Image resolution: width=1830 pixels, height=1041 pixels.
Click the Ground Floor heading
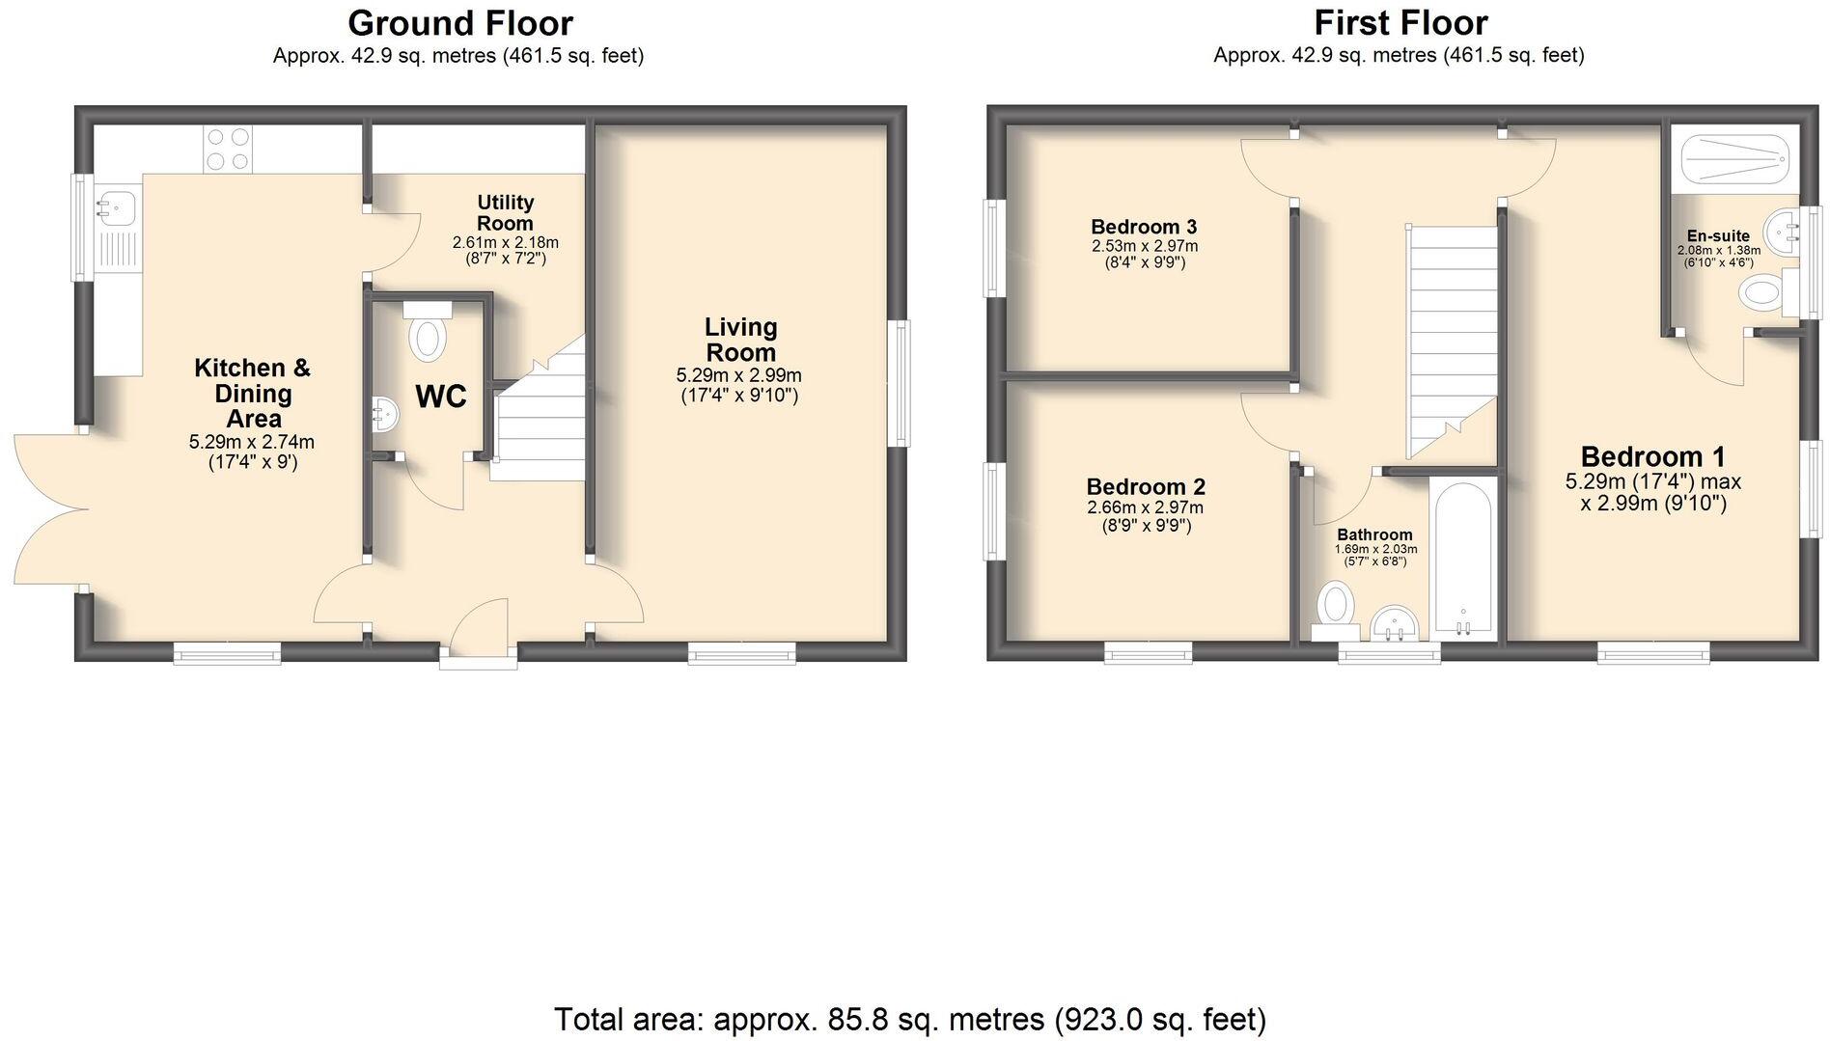pos(459,22)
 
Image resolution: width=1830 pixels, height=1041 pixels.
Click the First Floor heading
pos(1400,22)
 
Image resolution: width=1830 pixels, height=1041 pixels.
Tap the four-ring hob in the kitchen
pos(227,151)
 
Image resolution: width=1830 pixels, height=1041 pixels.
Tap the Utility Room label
pos(505,212)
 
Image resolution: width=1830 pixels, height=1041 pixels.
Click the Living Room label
pos(740,340)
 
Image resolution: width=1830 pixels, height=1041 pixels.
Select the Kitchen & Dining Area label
pos(253,393)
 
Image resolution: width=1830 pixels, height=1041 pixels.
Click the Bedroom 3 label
pos(1144,227)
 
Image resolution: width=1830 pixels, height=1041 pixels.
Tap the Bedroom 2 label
pos(1146,487)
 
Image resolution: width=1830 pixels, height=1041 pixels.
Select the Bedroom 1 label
pos(1652,456)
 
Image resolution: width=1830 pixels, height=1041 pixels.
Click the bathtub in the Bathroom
pos(1463,560)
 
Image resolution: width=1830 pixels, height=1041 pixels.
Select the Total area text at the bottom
pos(909,1019)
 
